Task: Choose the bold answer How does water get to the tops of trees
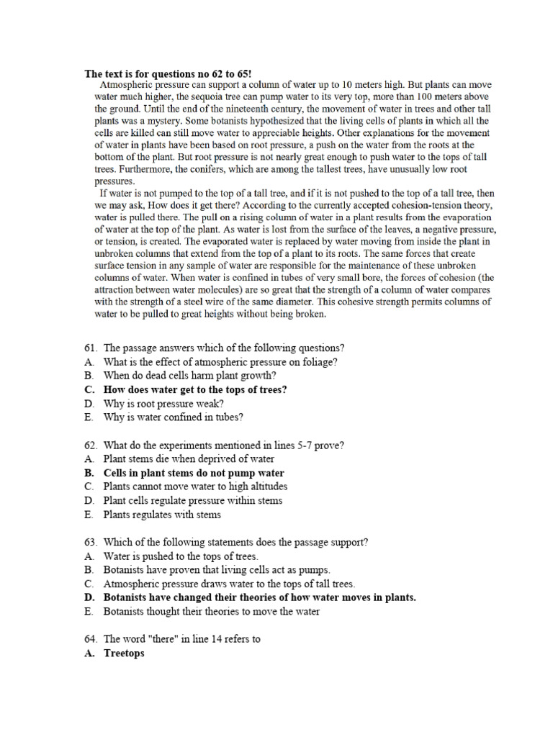click(195, 389)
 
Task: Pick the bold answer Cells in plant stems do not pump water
click(194, 473)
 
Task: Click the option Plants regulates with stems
click(162, 515)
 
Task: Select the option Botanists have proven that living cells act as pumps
click(217, 569)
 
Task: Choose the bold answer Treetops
click(124, 653)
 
